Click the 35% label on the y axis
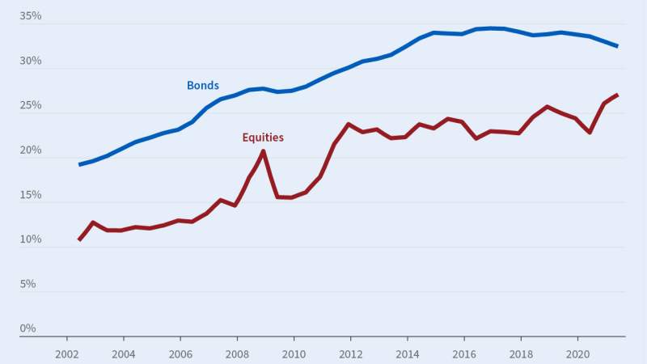30,16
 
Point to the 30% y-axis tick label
30,61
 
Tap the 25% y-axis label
30,105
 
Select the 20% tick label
30,150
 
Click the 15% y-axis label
30,195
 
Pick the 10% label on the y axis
30,239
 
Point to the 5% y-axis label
27,284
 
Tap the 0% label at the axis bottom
27,328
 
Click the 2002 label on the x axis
66,353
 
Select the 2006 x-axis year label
180,353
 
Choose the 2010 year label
294,353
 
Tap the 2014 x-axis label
408,353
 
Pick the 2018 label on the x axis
521,353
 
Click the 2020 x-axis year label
578,353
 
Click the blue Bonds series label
202,85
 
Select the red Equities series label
263,138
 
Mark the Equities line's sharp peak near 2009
263,151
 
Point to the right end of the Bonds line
617,46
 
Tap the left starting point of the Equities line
79,239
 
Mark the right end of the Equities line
617,95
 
